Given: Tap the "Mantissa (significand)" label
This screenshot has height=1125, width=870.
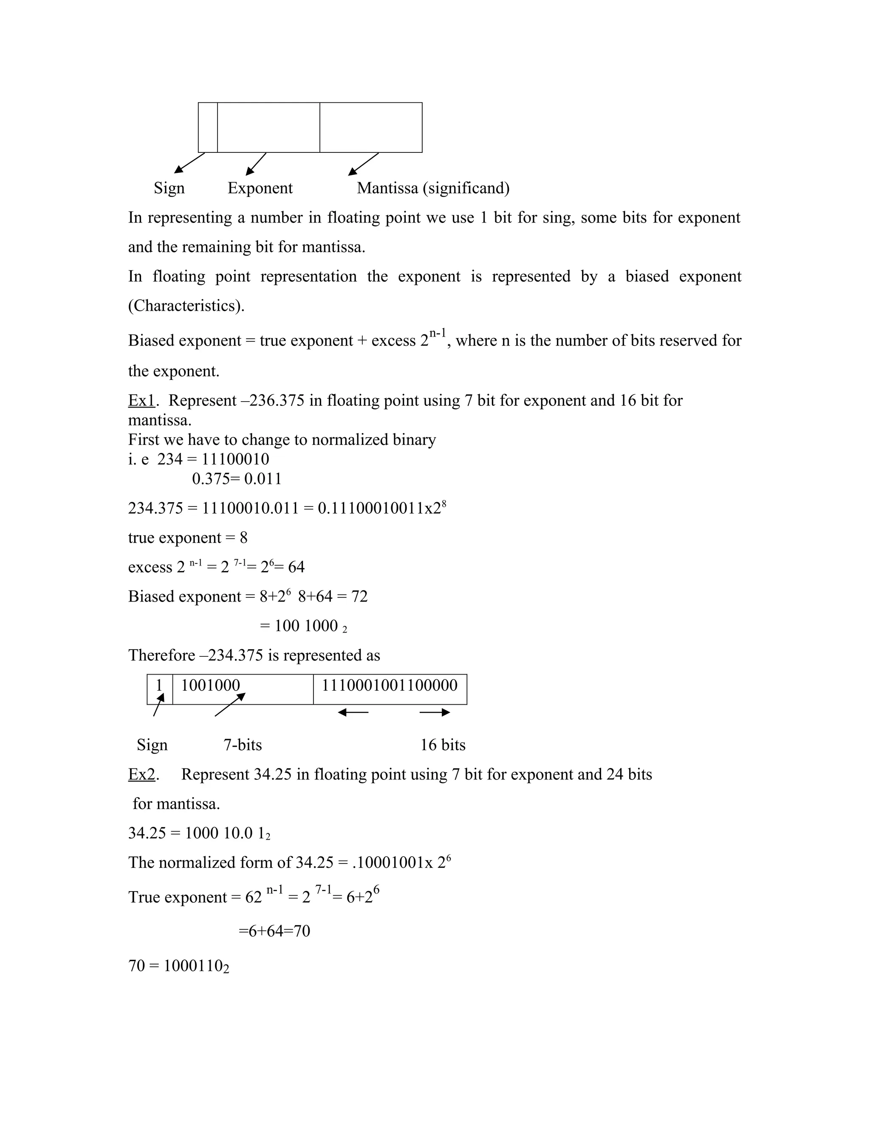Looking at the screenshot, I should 433,188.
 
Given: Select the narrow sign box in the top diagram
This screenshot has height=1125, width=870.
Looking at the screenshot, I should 208,127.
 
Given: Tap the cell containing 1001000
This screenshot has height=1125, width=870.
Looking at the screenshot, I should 242,689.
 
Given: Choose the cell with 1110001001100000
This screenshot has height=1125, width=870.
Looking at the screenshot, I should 390,689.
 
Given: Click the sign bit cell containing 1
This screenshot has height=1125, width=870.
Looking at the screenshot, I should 160,689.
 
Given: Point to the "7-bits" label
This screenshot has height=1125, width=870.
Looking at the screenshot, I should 242,745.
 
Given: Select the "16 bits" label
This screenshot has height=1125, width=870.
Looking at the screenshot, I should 443,745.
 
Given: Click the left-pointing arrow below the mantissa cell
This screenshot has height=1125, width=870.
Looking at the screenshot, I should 353,712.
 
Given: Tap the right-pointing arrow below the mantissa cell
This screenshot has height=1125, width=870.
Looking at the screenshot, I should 435,712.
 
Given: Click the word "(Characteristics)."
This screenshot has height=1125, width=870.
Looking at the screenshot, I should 186,306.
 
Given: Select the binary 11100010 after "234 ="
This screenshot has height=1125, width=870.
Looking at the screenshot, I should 235,459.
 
